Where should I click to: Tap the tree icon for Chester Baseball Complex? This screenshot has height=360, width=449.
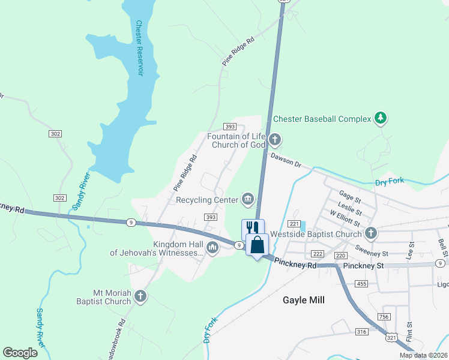pyautogui.click(x=379, y=119)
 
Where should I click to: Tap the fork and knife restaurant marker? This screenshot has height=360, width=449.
pyautogui.click(x=253, y=228)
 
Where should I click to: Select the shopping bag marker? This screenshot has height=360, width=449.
pyautogui.click(x=258, y=245)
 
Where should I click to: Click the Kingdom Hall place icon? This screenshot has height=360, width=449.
pyautogui.click(x=212, y=247)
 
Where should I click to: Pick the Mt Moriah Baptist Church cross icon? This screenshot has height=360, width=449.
pyautogui.click(x=140, y=296)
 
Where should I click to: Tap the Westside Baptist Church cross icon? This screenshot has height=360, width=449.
pyautogui.click(x=371, y=233)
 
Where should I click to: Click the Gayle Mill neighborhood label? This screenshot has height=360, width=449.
pyautogui.click(x=304, y=299)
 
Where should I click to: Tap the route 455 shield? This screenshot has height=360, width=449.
pyautogui.click(x=361, y=283)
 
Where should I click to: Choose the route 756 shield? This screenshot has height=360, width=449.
pyautogui.click(x=384, y=317)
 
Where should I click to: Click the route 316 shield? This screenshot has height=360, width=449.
pyautogui.click(x=361, y=331)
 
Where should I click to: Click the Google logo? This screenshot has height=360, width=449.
pyautogui.click(x=20, y=353)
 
